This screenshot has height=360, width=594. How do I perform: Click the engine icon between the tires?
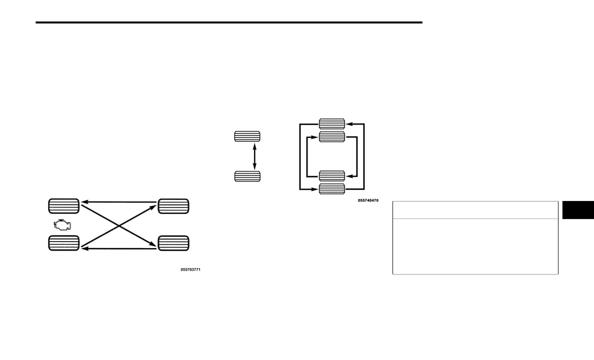[62, 225]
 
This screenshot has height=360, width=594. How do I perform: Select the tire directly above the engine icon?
[63, 206]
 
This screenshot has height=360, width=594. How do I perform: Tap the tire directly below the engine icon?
[63, 243]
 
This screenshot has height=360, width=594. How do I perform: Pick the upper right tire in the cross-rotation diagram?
[173, 206]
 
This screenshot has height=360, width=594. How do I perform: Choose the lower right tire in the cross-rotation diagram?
[173, 243]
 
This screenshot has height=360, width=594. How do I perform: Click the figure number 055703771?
[190, 270]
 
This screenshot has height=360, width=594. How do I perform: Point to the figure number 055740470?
[368, 200]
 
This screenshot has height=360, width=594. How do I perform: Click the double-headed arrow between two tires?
[254, 156]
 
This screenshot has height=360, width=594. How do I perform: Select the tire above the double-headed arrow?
[247, 136]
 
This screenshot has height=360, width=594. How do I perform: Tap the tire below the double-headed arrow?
[247, 176]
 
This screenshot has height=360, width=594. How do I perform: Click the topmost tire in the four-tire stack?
[332, 123]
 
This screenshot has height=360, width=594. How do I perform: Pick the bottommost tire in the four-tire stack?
[332, 189]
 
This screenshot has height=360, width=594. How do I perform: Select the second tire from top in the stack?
[332, 136]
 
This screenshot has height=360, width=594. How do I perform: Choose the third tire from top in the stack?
[332, 176]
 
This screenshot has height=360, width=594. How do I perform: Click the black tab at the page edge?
[578, 210]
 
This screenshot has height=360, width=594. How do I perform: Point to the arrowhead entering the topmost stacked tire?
[348, 123]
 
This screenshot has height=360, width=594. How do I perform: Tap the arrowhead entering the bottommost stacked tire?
[316, 189]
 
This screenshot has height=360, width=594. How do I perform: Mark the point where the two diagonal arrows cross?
[118, 225]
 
